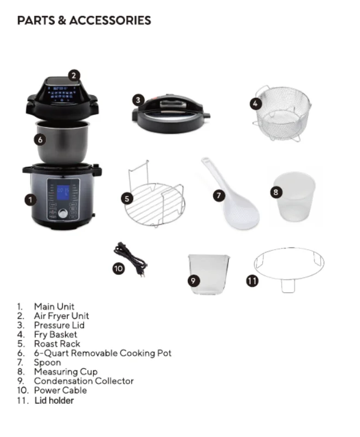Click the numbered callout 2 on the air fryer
tap(75, 75)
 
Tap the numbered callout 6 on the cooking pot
tap(39, 139)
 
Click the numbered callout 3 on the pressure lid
tap(139, 99)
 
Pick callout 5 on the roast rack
tap(127, 199)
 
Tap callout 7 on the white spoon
tap(219, 194)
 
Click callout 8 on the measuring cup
tap(276, 192)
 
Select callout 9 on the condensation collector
tap(193, 280)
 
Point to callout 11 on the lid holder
tap(252, 281)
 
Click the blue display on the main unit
tap(63, 193)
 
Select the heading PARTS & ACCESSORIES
tap(84, 21)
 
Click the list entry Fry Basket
tap(55, 334)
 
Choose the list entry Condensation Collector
tap(84, 381)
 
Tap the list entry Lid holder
tap(54, 400)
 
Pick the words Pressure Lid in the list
tap(59, 325)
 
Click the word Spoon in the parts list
tap(48, 362)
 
